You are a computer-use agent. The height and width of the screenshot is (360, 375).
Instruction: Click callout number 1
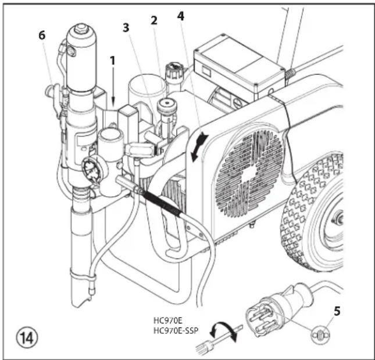pos(112,61)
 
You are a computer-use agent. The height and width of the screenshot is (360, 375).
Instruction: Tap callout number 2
pos(154,20)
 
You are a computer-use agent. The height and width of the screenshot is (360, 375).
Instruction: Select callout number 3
pos(126,28)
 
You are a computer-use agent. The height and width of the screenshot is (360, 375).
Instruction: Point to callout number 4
pos(181,16)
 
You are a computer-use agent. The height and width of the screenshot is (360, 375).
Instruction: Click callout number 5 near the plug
pos(337,311)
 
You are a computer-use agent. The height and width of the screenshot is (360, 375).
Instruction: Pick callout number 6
pos(42,35)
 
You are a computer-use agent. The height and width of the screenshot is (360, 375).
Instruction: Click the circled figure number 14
pos(27,338)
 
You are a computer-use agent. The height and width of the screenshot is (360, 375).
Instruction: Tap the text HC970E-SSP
pos(176,330)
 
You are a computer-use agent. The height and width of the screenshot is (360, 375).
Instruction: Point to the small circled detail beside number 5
pos(320,334)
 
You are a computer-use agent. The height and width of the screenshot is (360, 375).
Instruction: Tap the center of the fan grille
pos(249,174)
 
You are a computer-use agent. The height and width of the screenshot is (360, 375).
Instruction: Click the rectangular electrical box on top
pos(239,65)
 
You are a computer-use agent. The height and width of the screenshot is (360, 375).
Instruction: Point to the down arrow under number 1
pos(113,87)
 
